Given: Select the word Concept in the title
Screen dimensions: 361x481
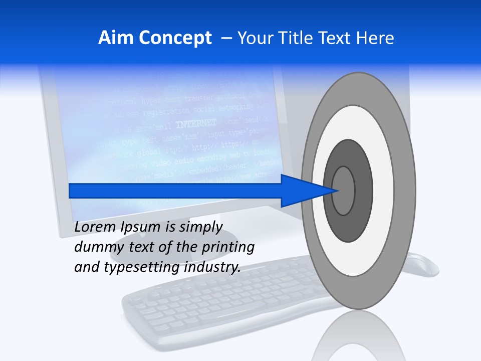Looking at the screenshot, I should pos(175,39).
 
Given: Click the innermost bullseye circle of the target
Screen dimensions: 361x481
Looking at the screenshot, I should pos(344,191).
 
